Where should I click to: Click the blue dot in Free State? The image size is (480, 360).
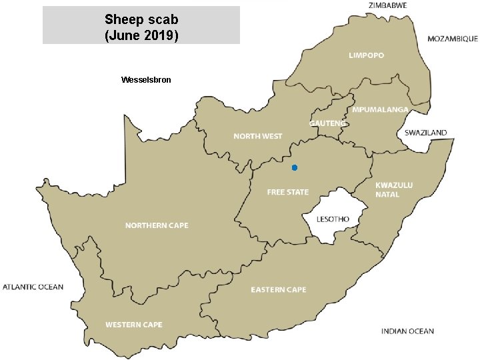point(294,167)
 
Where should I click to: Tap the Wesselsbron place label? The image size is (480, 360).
point(146,80)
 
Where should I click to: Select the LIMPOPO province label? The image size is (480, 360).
point(366,55)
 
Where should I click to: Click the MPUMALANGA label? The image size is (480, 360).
point(380,109)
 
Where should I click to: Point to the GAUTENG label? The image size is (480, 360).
point(328,123)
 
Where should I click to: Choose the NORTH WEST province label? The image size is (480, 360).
point(258,136)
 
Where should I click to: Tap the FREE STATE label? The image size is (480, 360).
point(288,192)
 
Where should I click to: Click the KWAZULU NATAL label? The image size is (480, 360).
point(394,189)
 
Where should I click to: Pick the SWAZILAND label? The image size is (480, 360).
point(426,133)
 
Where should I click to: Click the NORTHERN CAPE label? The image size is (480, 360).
point(157,225)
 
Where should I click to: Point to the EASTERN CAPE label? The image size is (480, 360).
point(279,289)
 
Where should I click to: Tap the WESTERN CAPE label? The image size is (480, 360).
point(133,325)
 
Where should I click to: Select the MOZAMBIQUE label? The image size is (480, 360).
point(453,39)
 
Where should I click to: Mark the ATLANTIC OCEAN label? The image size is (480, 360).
point(33,287)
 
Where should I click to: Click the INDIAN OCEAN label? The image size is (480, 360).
point(407,331)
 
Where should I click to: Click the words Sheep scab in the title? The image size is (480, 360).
point(141,19)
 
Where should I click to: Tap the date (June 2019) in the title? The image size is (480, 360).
point(141,35)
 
